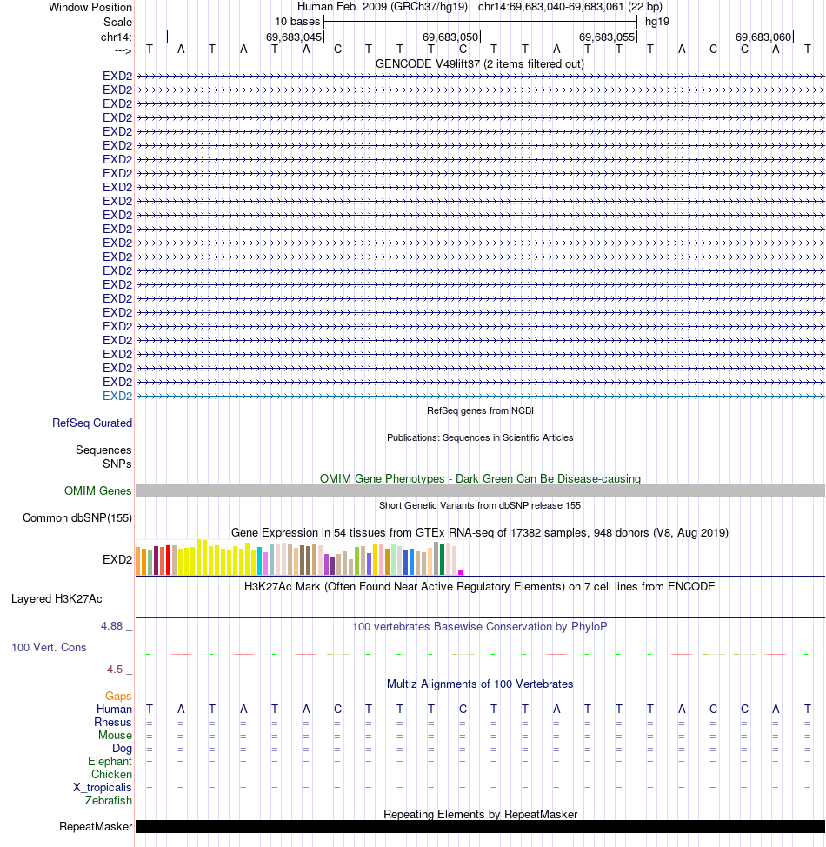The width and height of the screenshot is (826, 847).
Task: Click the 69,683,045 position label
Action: (294, 37)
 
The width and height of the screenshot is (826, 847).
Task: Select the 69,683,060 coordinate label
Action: (763, 37)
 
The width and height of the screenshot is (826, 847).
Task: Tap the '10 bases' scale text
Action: (297, 21)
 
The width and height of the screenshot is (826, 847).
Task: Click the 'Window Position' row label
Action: (90, 8)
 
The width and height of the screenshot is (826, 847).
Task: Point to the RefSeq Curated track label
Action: (92, 423)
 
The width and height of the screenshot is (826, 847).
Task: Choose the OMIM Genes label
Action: (98, 491)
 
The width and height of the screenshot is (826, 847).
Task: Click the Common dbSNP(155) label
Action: (77, 518)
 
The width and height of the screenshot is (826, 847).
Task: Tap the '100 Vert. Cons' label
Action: (49, 648)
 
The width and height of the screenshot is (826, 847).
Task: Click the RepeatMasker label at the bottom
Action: (96, 826)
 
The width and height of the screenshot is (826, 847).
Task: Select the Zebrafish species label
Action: (109, 801)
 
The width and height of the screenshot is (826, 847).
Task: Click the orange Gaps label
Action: (118, 697)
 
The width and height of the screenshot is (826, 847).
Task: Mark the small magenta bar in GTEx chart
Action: (460, 572)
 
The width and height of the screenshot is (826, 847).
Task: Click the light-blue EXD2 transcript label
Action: (117, 396)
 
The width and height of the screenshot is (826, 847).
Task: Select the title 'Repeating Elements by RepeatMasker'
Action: (481, 814)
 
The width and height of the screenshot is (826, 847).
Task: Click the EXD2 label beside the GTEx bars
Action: (117, 559)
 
